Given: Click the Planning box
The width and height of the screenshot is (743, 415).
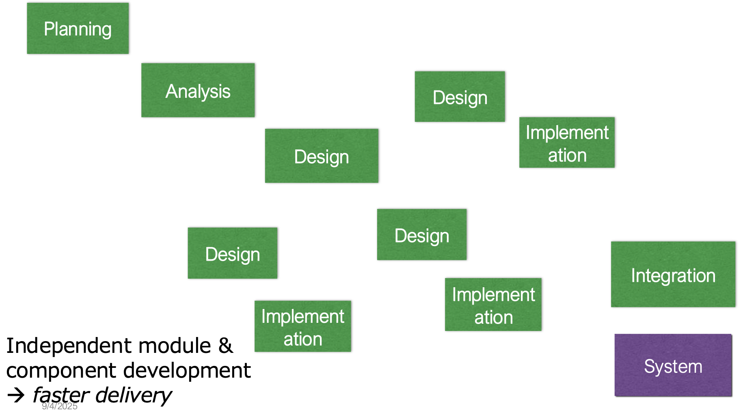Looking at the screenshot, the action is pos(78,28).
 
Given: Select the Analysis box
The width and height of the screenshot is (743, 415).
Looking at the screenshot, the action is pos(198,90).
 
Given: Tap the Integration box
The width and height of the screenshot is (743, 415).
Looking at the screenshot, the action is pos(673,275).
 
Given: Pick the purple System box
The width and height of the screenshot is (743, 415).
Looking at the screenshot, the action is pos(673,365).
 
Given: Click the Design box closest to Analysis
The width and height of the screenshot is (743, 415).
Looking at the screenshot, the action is pos(322,156).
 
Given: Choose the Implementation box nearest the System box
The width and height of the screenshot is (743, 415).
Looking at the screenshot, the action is pos(493,305).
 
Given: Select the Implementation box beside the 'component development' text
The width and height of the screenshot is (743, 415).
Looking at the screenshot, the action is pos(302,326).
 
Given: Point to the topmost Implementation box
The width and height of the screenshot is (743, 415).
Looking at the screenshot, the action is pos(567,143).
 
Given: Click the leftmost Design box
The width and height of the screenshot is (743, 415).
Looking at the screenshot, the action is pos(232,253).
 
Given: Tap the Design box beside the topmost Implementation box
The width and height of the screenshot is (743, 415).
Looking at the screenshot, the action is pos(460,97).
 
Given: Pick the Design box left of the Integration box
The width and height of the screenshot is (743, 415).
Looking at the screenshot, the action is pos(421,235).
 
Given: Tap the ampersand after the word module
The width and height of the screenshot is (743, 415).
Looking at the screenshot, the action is pos(226,346).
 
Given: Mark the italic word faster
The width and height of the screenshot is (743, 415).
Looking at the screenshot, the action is pos(61,395).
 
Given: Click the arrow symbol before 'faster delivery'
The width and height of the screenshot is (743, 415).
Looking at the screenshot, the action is pos(16,395).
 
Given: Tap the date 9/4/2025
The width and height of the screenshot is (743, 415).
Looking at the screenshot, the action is pos(60,406).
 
